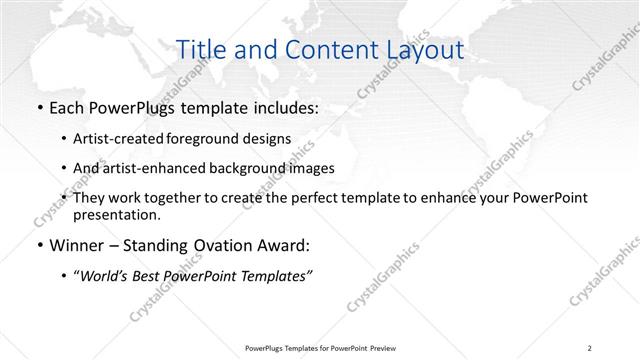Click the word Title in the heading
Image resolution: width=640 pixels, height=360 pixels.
point(200,49)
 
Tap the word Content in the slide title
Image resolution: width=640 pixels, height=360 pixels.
point(320,49)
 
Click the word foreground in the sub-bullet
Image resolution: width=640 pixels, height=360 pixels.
point(214,138)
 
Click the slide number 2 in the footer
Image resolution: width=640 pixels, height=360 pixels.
point(591,348)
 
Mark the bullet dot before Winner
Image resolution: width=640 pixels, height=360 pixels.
point(39,244)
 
